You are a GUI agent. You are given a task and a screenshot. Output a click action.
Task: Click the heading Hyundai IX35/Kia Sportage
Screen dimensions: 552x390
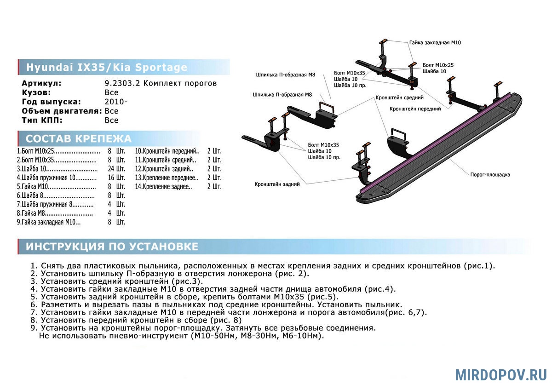107,67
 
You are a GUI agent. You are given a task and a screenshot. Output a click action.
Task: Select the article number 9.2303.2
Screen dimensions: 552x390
122,83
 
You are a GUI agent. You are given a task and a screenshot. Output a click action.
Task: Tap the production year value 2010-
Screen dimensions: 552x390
116,102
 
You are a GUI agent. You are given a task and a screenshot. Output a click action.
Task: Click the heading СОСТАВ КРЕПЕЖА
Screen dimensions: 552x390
78,139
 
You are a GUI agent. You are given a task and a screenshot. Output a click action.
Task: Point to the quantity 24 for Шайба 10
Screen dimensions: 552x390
111,169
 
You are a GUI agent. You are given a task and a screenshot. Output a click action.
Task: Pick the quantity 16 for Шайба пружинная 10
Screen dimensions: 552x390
111,178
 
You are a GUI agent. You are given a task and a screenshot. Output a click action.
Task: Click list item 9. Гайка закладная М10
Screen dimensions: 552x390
49,222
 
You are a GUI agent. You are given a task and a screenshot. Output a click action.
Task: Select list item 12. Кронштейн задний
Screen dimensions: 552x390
164,169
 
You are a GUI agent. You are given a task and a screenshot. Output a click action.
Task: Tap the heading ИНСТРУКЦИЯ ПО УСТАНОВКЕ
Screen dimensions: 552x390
112,247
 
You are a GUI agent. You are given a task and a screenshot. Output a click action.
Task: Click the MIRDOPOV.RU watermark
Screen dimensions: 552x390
501,375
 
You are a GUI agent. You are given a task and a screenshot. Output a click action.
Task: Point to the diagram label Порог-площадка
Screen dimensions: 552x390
490,175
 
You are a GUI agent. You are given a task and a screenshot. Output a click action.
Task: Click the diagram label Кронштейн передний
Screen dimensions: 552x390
415,109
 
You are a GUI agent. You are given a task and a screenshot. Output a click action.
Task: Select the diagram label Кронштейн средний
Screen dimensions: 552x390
399,97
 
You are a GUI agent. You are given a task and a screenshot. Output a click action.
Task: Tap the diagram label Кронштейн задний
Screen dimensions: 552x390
277,184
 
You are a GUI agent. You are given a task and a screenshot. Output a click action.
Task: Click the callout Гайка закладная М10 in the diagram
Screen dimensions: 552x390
435,43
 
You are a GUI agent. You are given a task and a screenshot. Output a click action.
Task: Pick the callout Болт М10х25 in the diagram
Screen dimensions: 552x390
438,65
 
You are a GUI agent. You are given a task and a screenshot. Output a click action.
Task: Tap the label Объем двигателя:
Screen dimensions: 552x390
62,111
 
